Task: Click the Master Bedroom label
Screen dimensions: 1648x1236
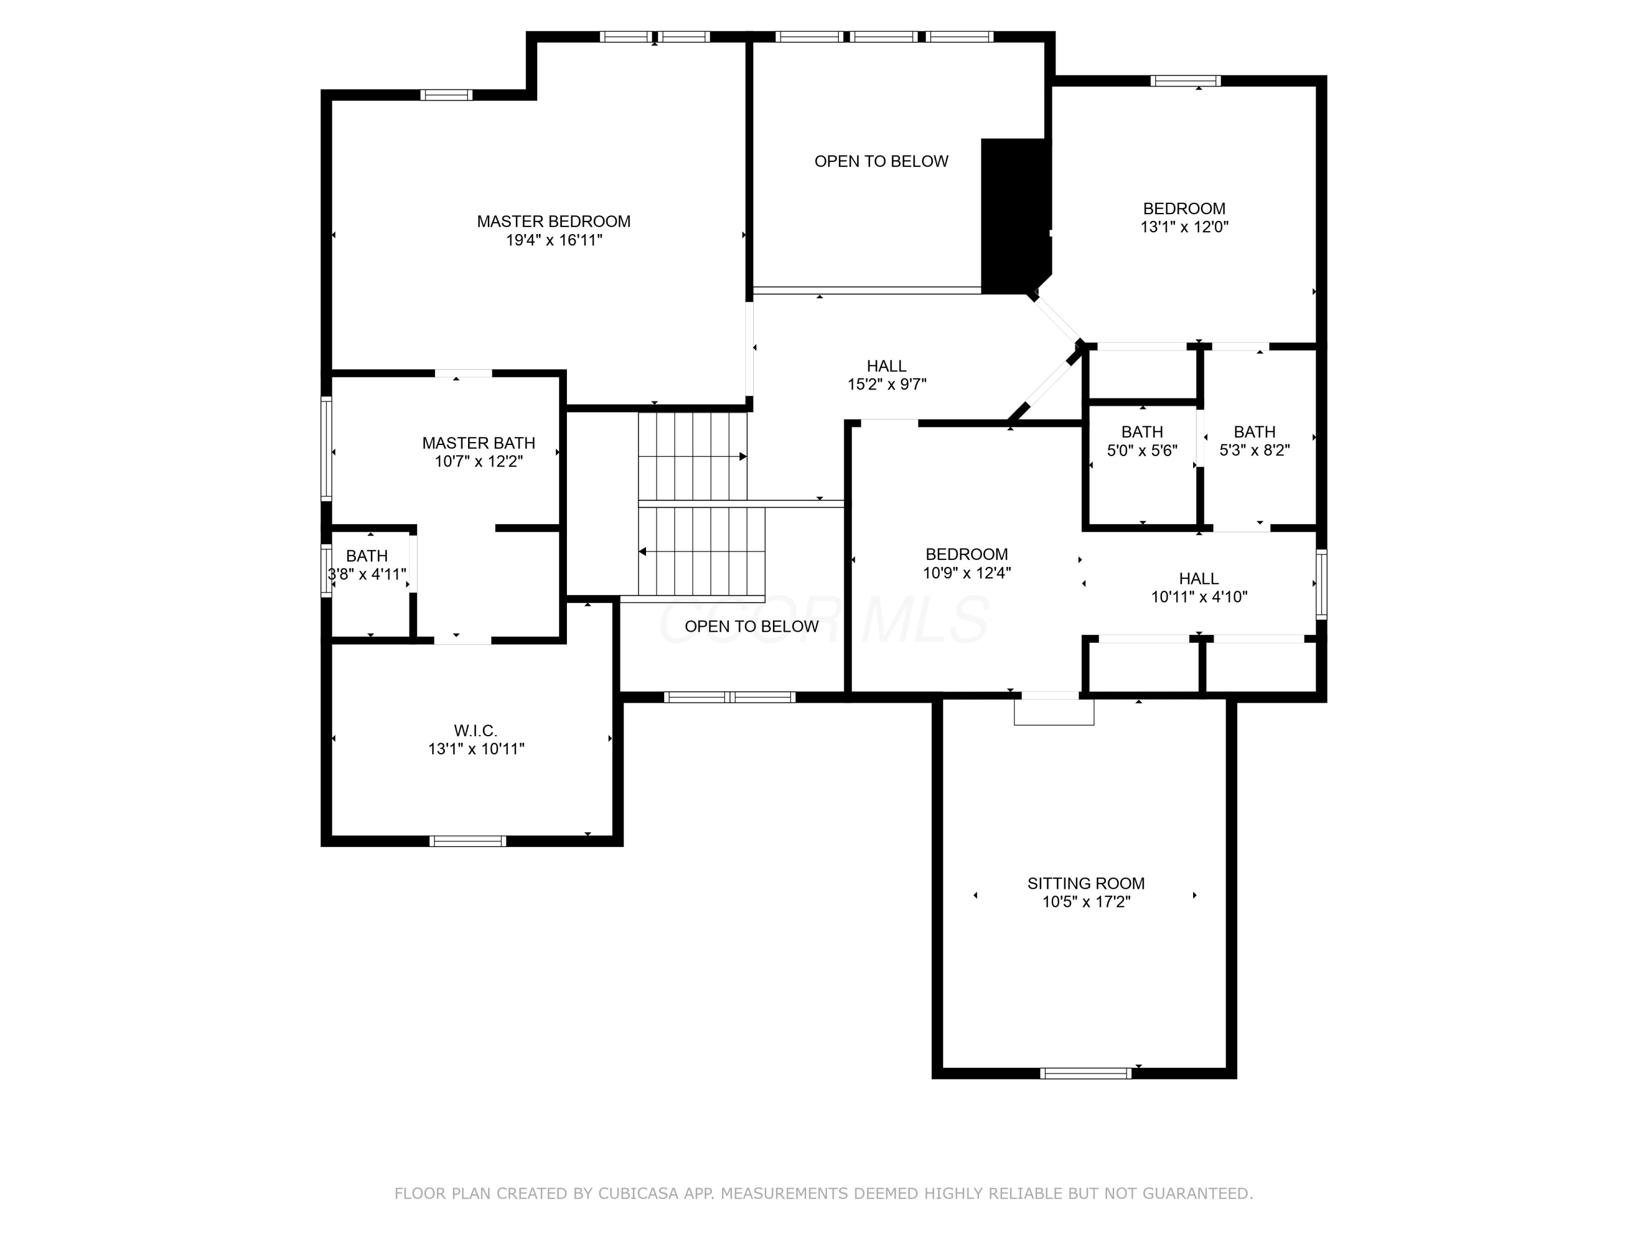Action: tap(554, 221)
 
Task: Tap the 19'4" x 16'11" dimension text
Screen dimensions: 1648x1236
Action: tap(554, 240)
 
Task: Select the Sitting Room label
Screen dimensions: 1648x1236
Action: tap(1086, 883)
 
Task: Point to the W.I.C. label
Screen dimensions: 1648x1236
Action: tap(475, 731)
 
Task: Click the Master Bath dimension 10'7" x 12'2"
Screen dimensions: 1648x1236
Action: tap(479, 461)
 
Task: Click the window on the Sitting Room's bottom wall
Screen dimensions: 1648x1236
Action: tap(1086, 1073)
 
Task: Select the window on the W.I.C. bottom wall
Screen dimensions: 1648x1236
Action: tap(468, 841)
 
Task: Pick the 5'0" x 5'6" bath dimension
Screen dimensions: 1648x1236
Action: tap(1142, 450)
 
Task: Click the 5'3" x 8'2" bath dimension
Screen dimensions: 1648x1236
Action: tap(1255, 450)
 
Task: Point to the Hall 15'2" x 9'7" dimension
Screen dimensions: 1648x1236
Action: tap(887, 385)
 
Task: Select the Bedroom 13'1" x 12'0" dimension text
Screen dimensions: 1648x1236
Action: tap(1184, 226)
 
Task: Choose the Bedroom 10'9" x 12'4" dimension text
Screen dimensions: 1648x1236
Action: tap(967, 573)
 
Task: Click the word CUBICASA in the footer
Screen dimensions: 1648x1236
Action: tap(638, 1194)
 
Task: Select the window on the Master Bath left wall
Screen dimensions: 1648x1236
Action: tap(326, 448)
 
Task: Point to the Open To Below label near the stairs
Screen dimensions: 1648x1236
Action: tap(751, 627)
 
